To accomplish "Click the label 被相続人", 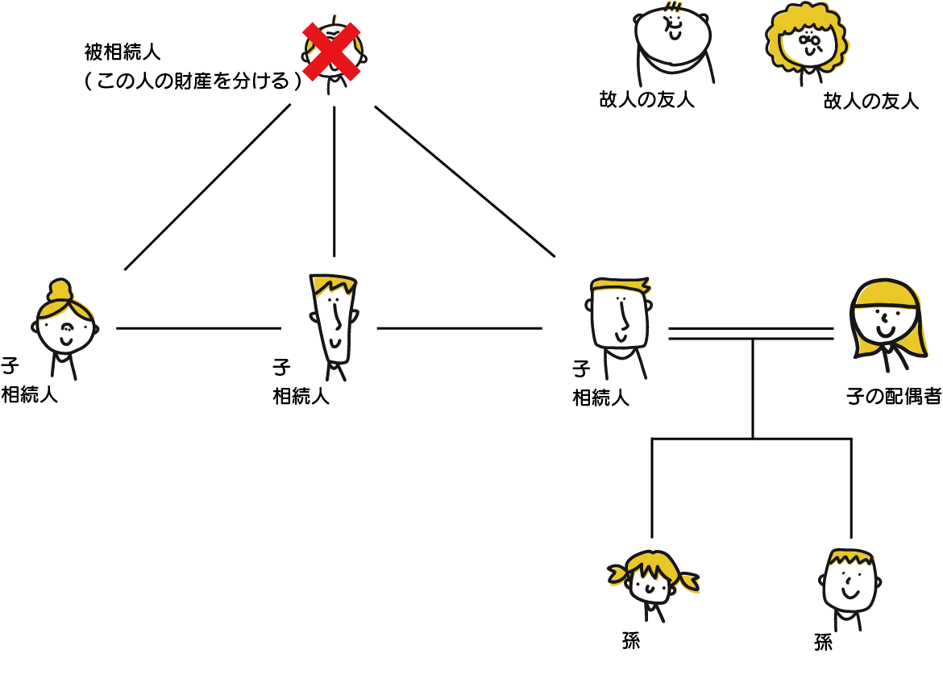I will tap(123, 53).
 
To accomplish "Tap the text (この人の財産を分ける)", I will tap(193, 81).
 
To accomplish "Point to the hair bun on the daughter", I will tap(60, 289).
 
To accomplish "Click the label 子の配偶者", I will tap(894, 397).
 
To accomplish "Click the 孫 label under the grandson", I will tap(823, 643).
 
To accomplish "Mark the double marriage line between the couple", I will tap(750, 334).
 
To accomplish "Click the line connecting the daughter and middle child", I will tap(198, 328).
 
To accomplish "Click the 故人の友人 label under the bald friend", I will tap(646, 100).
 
